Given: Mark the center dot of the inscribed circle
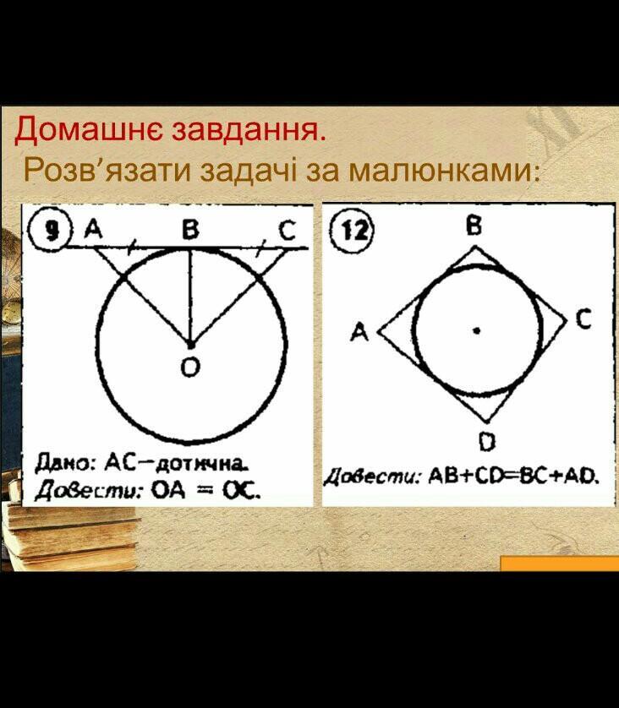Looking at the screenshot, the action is coord(475,330).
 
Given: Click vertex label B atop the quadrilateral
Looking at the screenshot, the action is coord(474,225).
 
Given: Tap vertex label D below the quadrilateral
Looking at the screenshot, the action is coord(486,441).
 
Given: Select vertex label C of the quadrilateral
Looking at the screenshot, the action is coord(583,319).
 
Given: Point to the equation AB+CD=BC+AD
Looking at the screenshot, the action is coord(512,475).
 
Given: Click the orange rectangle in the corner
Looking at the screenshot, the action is coord(560,564).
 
